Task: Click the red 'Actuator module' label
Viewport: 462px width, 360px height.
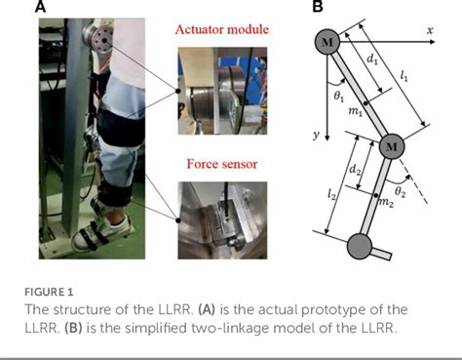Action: coord(222,29)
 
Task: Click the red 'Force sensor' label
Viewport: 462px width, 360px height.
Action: coord(222,164)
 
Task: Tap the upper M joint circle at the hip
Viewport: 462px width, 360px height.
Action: coord(327,42)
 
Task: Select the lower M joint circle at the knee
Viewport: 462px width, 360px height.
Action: coord(392,146)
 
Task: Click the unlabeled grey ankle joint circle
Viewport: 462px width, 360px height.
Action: coord(360,246)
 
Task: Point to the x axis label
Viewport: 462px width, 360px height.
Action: coord(430,30)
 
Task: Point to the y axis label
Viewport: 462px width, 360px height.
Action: coord(316,135)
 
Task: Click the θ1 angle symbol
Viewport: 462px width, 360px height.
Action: coord(339,98)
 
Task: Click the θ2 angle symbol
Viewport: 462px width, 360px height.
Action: coord(400,192)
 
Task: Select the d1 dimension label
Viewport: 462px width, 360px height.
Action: coord(372,60)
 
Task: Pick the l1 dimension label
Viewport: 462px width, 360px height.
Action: coord(404,76)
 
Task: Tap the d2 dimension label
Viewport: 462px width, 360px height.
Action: coord(355,170)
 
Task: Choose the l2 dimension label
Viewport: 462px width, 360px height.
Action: coord(331,194)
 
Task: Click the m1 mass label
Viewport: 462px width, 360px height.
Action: coord(356,111)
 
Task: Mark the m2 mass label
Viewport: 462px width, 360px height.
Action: coord(387,202)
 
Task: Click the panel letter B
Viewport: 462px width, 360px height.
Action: coord(318,6)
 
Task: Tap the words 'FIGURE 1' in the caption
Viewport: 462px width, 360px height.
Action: coord(49,292)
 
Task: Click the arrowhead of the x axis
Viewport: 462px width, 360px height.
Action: coord(432,42)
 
